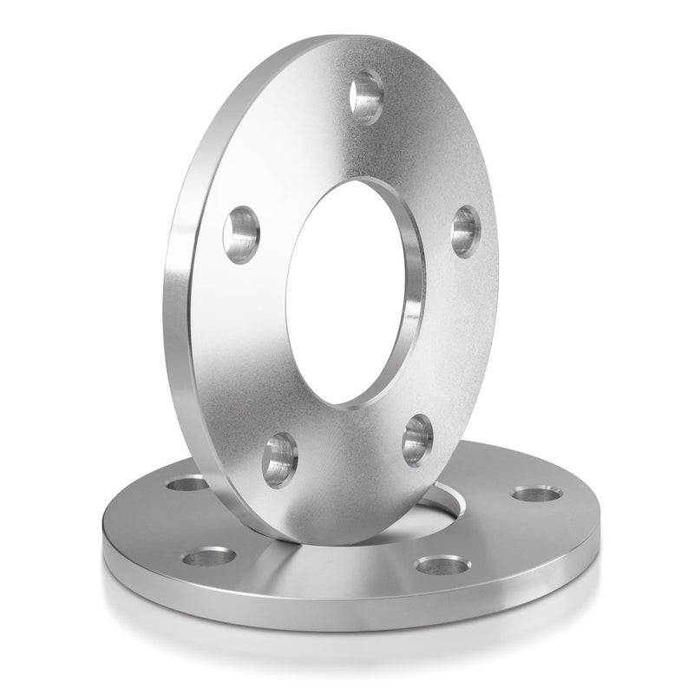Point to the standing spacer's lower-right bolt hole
pyautogui.click(x=417, y=438)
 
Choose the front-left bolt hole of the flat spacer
pyautogui.click(x=206, y=557)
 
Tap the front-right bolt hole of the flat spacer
pyautogui.click(x=441, y=566)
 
